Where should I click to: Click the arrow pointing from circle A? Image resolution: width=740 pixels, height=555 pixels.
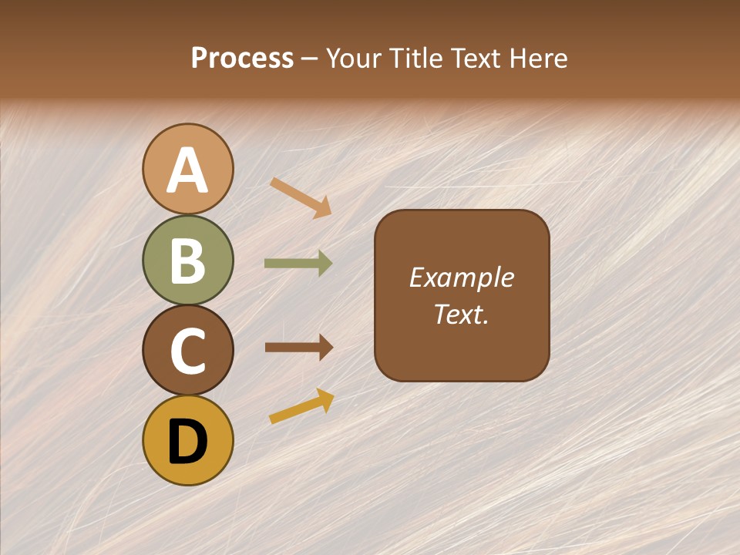pyautogui.click(x=301, y=197)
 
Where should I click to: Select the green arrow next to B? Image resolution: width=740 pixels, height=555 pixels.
pyautogui.click(x=298, y=264)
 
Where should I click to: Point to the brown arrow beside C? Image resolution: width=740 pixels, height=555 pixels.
pyautogui.click(x=298, y=348)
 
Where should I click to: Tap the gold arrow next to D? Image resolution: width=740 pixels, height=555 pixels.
pyautogui.click(x=301, y=406)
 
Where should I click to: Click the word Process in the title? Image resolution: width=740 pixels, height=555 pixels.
pyautogui.click(x=242, y=59)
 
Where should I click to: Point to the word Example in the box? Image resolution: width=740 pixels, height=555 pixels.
pyautogui.click(x=462, y=277)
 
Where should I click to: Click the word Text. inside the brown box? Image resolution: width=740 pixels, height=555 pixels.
pyautogui.click(x=462, y=314)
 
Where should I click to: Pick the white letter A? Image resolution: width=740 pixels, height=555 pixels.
pyautogui.click(x=188, y=170)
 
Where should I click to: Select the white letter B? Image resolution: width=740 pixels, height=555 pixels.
pyautogui.click(x=188, y=261)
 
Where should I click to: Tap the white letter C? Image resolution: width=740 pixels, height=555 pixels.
pyautogui.click(x=188, y=351)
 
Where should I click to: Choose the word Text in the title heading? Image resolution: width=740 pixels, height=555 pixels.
pyautogui.click(x=473, y=59)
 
